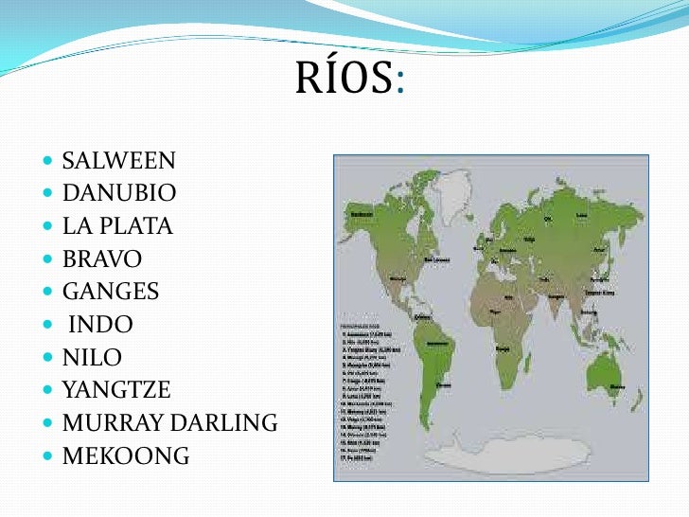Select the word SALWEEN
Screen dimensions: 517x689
[x=118, y=161]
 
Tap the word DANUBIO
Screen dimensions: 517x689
[x=119, y=194]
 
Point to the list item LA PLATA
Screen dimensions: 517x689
[x=117, y=227]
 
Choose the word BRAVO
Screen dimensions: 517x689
[x=102, y=259]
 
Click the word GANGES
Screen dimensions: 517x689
[x=110, y=293]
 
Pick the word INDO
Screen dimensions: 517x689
[x=100, y=326]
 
